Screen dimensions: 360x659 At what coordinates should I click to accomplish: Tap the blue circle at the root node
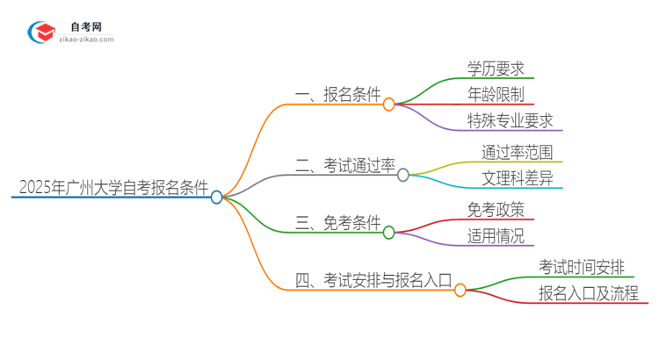(217, 198)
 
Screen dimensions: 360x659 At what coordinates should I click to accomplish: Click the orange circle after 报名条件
(389, 104)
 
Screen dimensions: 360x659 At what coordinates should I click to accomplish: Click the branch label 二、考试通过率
(345, 164)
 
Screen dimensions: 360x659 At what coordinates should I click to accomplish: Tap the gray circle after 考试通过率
(403, 175)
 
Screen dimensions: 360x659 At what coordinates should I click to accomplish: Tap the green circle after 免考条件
(389, 232)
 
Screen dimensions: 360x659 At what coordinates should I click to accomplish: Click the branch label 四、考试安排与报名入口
(373, 280)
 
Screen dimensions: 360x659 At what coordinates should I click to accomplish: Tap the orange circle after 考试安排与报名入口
(460, 290)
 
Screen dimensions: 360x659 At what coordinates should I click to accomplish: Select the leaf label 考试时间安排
(583, 266)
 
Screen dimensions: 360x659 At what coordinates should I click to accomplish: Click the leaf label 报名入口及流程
(590, 292)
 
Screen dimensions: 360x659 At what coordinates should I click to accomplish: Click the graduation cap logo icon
(42, 32)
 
